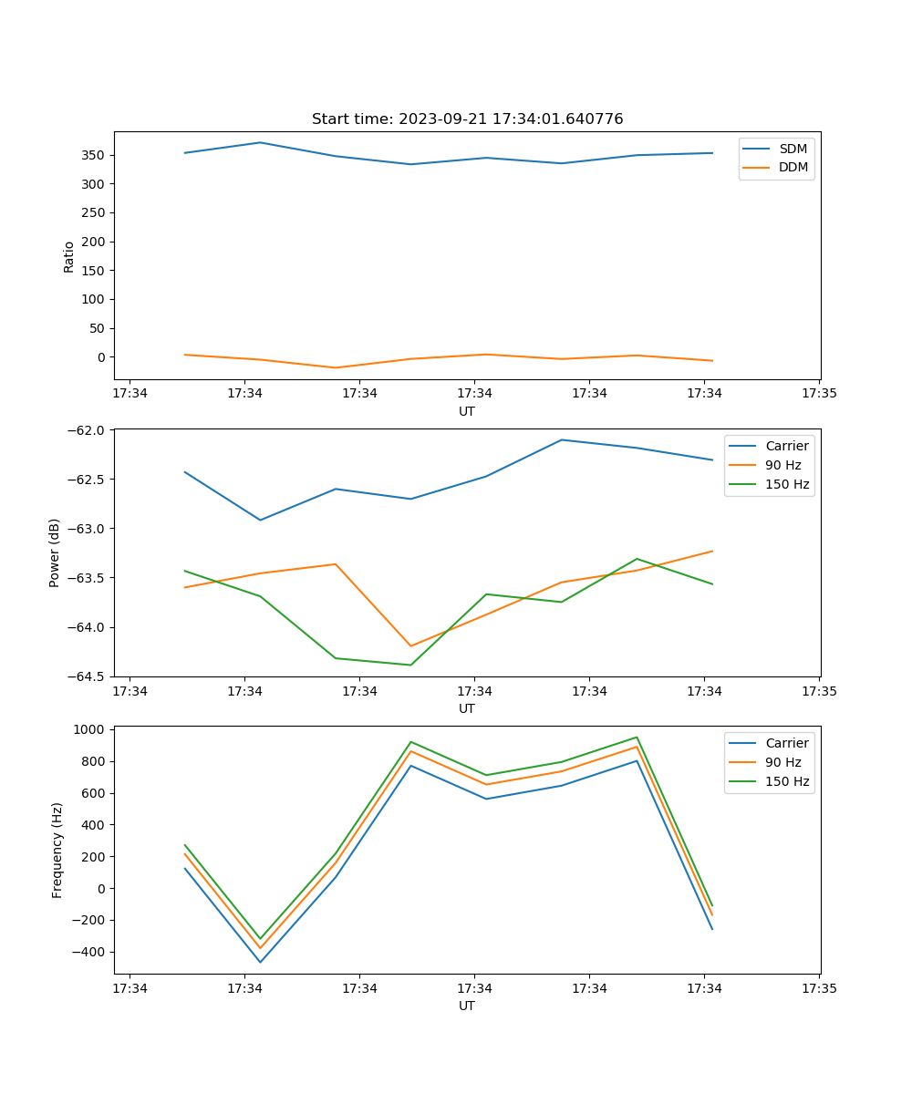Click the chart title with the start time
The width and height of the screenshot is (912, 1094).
point(467,119)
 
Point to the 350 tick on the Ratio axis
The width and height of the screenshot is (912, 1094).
point(95,155)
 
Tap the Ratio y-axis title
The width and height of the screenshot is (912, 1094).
point(69,256)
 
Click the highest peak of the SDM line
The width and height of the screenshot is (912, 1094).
point(260,142)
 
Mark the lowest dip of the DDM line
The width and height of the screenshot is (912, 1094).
point(336,367)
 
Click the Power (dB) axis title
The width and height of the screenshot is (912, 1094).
point(55,552)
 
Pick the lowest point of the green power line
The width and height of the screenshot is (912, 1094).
point(410,665)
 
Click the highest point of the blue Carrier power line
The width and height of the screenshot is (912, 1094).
point(562,439)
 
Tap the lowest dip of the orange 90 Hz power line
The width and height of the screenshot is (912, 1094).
point(410,645)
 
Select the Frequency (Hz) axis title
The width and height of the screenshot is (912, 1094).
point(57,850)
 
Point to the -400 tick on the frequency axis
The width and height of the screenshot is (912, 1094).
point(89,952)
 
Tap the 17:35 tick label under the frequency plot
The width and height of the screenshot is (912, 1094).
point(819,988)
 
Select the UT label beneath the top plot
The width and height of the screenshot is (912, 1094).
point(467,411)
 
